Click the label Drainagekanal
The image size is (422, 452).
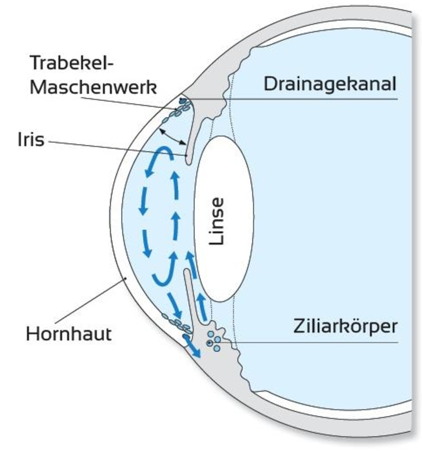[330, 84]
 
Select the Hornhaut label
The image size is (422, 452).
[68, 334]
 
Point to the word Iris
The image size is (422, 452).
[31, 140]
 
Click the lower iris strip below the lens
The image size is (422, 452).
[190, 295]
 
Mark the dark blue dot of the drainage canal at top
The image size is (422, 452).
[183, 101]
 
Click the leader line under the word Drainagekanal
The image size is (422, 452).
[299, 99]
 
